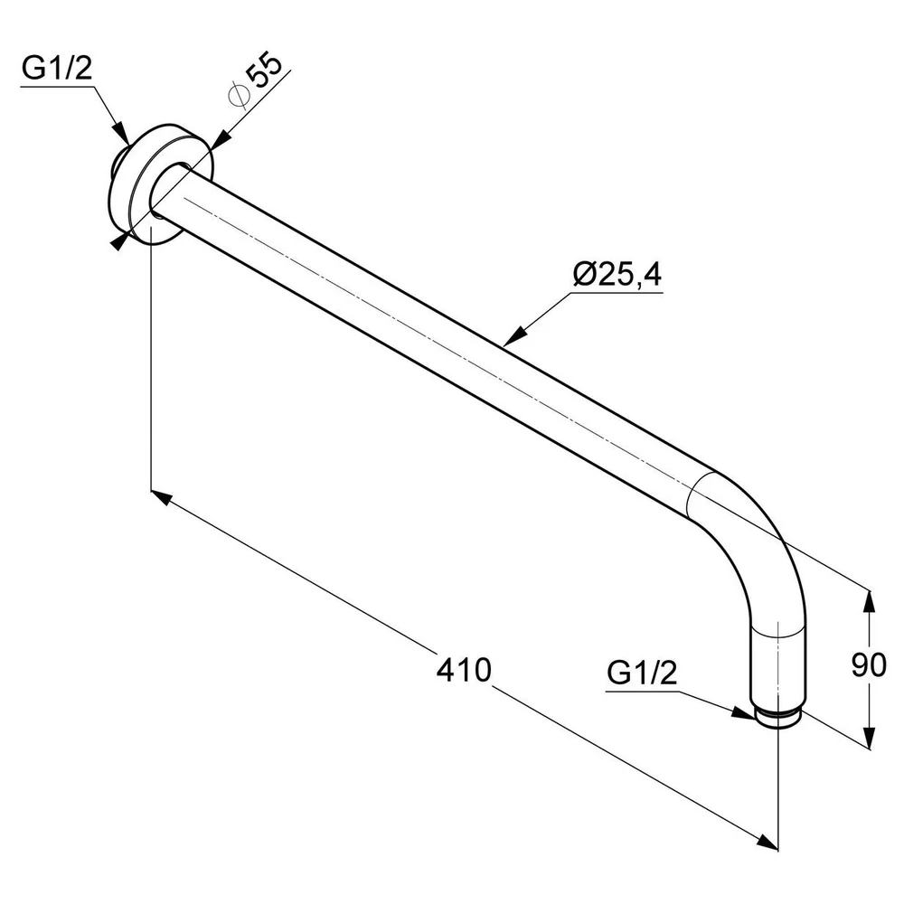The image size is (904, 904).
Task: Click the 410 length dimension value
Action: pos(464,670)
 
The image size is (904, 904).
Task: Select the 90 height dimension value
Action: pos(869,665)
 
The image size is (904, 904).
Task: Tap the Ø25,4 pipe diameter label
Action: pos(617,274)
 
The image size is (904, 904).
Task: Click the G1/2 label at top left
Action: pos(56,69)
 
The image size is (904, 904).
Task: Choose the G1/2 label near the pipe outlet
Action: pos(642,673)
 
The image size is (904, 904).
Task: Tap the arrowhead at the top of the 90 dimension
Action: pos(871,600)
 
